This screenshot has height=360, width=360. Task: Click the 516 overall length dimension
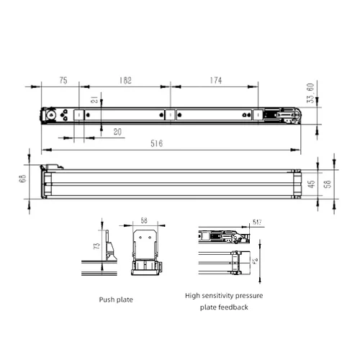[x=157, y=144]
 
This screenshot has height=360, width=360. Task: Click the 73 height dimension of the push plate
[x=96, y=246]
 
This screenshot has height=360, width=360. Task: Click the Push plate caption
[x=116, y=298]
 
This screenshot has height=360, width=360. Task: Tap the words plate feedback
[x=225, y=307]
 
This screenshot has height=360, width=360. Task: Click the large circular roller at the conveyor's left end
[x=51, y=115]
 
